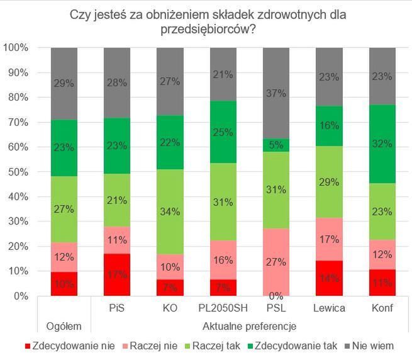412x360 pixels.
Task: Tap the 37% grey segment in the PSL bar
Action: point(276,93)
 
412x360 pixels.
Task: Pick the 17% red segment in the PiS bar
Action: point(117,275)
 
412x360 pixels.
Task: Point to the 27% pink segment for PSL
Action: point(276,262)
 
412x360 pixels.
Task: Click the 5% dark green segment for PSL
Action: point(276,145)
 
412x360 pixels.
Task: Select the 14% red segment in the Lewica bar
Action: point(329,278)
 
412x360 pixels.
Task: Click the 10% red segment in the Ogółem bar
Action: point(64,284)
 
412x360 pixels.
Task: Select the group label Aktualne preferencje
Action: point(250,326)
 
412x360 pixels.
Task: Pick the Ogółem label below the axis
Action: point(64,326)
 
